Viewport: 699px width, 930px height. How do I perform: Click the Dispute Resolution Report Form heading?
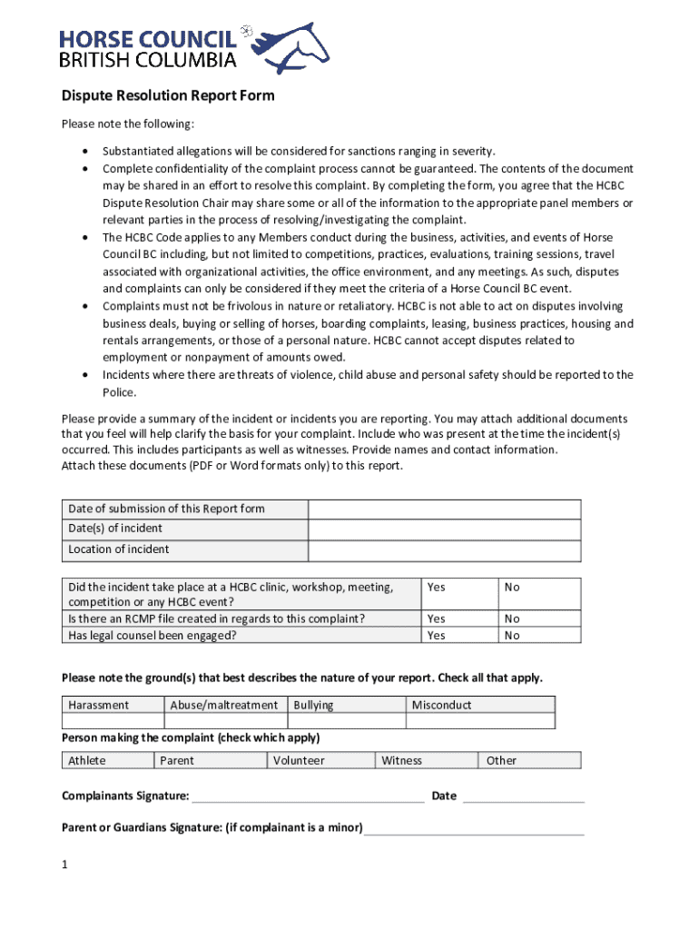pos(167,95)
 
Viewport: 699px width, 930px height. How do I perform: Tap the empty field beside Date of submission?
pos(444,509)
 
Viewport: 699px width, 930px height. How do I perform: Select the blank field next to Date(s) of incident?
pos(444,529)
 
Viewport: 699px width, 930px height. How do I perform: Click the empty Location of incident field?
pos(444,549)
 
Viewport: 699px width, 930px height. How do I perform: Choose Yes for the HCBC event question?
pos(437,588)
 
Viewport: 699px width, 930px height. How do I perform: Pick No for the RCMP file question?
pos(513,618)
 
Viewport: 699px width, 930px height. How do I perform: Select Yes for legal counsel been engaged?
pos(437,636)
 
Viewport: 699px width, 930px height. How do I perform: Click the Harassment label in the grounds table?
pos(99,705)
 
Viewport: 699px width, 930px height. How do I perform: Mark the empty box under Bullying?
pos(346,721)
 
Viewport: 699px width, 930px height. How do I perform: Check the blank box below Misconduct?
pos(479,721)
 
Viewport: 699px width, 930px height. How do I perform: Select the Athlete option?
pos(87,760)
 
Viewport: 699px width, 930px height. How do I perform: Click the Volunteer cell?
pos(299,760)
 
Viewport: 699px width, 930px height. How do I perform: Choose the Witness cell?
pos(402,760)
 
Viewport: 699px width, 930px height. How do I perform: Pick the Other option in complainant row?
pos(501,760)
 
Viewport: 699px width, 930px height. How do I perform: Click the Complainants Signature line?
pos(308,797)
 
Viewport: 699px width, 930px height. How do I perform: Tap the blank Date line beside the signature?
pos(523,797)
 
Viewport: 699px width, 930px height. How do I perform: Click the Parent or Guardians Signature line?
pos(474,829)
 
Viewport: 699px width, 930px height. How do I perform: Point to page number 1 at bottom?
pos(65,865)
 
